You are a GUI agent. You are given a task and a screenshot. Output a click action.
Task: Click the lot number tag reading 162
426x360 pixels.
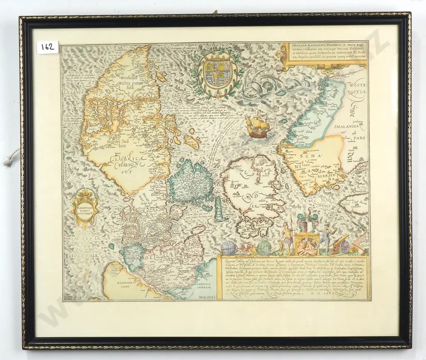pyautogui.click(x=47, y=47)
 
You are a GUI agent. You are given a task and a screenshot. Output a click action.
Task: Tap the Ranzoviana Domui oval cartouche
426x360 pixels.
pyautogui.click(x=84, y=207)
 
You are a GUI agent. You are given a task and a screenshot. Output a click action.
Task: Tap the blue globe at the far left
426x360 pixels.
pyautogui.click(x=228, y=247)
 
